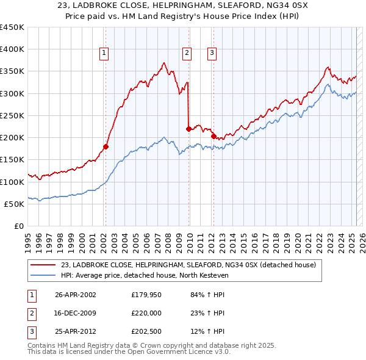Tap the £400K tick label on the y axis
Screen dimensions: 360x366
click(x=12, y=49)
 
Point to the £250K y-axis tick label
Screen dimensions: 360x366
click(x=12, y=115)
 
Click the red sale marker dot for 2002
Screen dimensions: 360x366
click(x=106, y=146)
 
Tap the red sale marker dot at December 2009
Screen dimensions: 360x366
click(x=188, y=129)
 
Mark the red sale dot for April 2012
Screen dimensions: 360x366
click(x=213, y=137)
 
